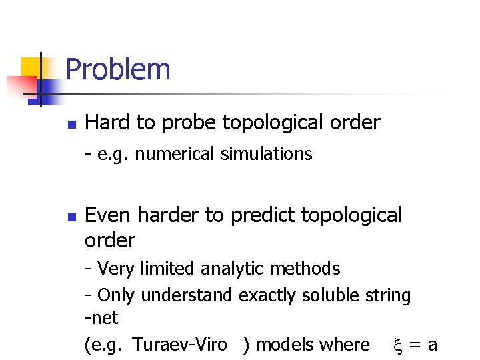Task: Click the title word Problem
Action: pyautogui.click(x=118, y=69)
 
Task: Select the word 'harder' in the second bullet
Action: pyautogui.click(x=166, y=215)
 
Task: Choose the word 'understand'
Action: pyautogui.click(x=187, y=295)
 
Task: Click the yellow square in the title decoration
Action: pyautogui.click(x=31, y=67)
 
